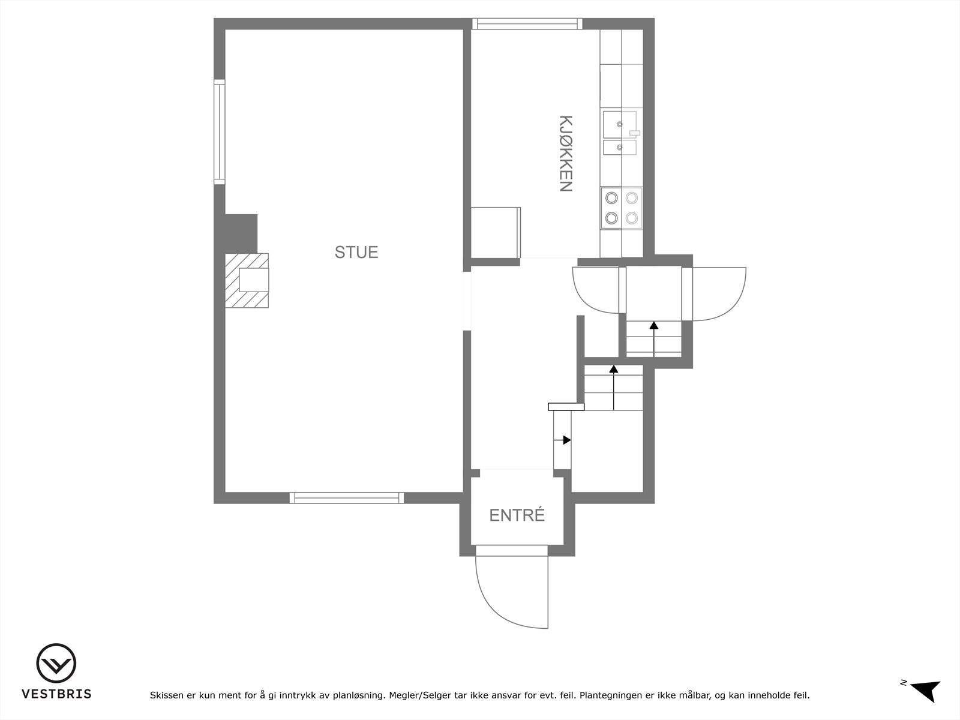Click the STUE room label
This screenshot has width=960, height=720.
point(356,252)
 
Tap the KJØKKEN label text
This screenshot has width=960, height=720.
point(565,154)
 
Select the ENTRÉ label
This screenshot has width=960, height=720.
point(517,515)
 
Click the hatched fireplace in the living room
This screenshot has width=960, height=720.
point(247,280)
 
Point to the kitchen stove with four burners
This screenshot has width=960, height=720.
point(621,208)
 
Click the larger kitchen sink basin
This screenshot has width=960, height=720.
point(619,124)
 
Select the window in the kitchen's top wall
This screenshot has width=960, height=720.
point(527,24)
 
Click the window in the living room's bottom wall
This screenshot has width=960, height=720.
point(347,497)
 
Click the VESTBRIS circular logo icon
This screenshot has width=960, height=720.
point(56,664)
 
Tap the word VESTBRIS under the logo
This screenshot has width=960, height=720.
point(56,694)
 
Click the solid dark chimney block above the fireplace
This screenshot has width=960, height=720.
point(241,233)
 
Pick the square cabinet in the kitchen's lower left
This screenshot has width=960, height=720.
point(495,232)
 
